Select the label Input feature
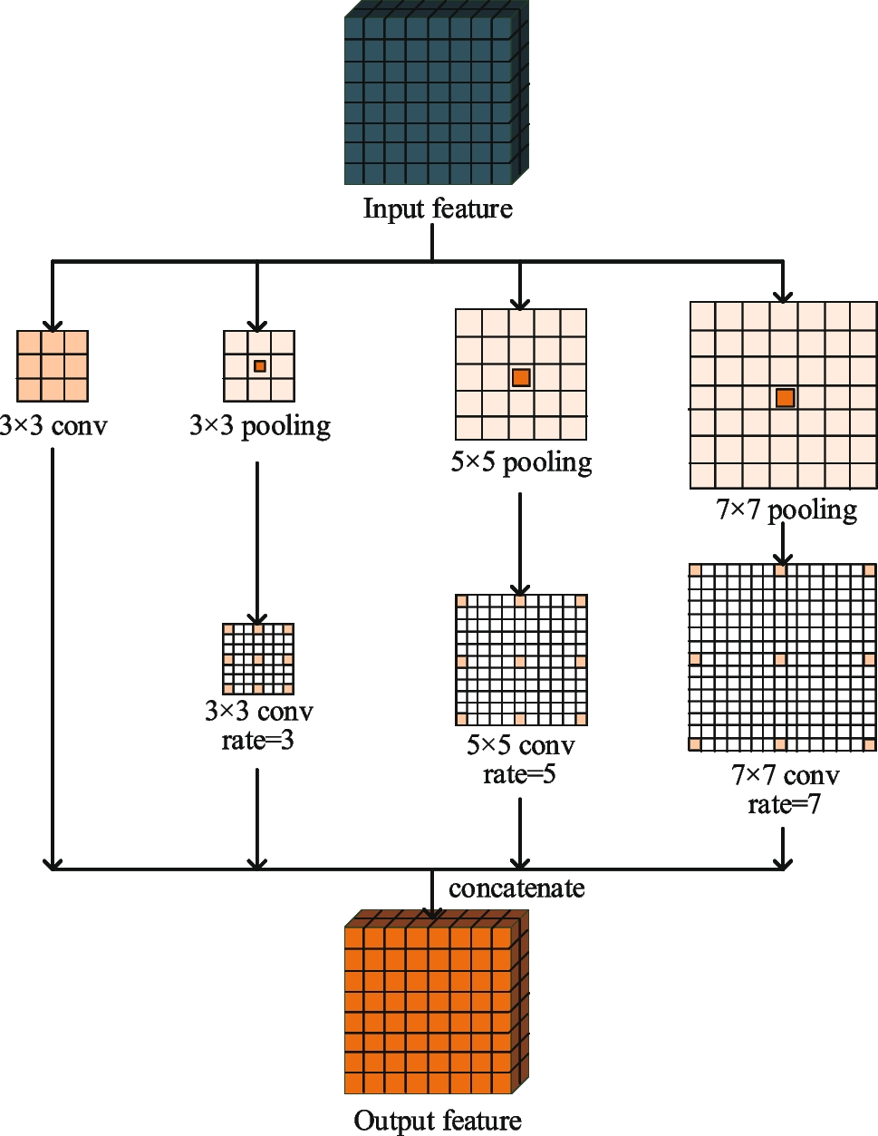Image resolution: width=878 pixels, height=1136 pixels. (x=438, y=209)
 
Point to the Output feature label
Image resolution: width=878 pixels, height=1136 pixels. (x=438, y=1121)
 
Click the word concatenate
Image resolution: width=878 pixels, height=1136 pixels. (x=516, y=888)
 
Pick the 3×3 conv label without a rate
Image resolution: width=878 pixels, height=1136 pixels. (x=54, y=425)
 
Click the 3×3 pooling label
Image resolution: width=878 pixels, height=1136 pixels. (x=260, y=425)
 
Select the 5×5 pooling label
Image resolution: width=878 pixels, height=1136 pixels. (x=521, y=462)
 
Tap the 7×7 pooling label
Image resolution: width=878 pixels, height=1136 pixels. (x=786, y=510)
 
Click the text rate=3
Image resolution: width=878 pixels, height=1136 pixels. (x=258, y=741)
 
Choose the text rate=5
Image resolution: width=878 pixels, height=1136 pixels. (x=519, y=774)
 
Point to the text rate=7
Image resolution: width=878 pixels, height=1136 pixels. (x=785, y=804)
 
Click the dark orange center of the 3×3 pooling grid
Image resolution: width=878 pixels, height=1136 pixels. (x=260, y=366)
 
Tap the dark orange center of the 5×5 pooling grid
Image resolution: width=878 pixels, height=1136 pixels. (x=521, y=377)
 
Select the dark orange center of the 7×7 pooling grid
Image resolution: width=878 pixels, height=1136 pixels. (x=786, y=397)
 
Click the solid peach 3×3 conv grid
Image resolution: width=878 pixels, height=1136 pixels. (x=53, y=366)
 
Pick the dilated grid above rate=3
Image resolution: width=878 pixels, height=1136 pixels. (x=258, y=659)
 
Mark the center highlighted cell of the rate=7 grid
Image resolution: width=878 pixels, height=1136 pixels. (x=780, y=659)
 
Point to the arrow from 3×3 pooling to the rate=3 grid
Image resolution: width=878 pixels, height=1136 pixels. (x=257, y=544)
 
